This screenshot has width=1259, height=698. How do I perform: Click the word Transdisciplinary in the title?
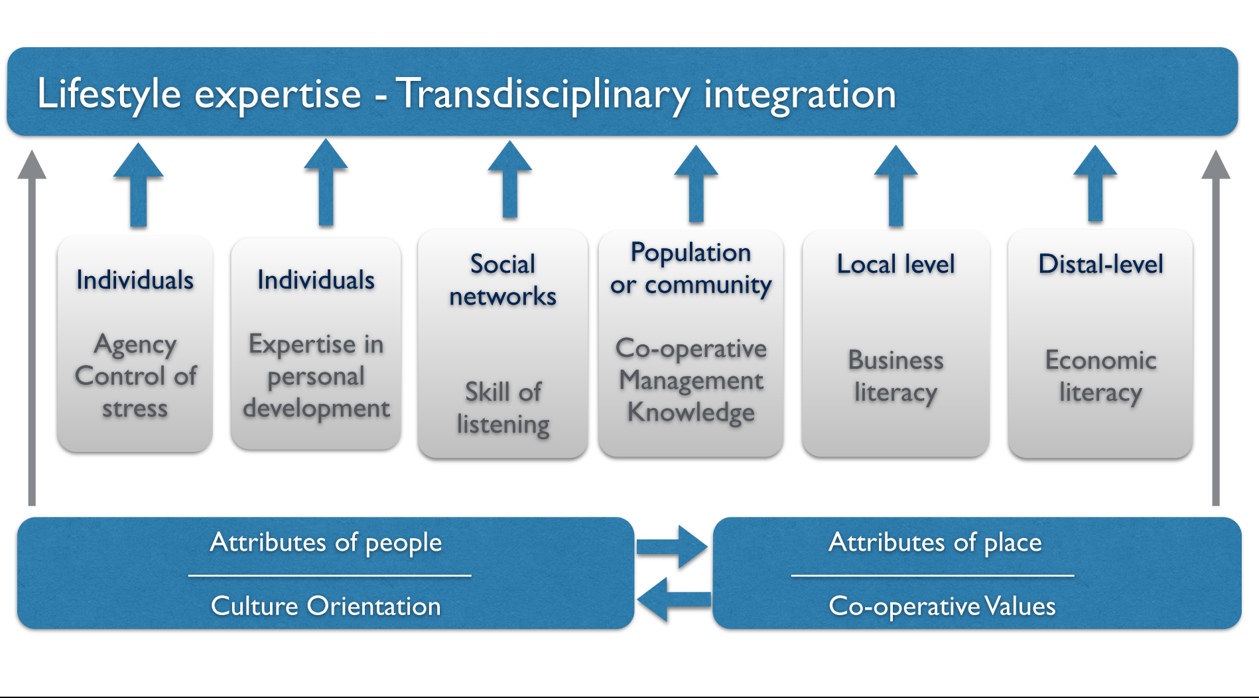point(544,95)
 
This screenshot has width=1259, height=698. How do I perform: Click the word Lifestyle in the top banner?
point(109,95)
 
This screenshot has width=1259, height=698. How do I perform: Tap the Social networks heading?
point(503,280)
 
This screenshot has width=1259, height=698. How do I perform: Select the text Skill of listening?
point(503,408)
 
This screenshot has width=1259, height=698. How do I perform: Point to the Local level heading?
point(895,264)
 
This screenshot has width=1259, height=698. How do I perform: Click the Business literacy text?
point(895,376)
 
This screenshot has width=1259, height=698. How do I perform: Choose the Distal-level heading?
point(1100,264)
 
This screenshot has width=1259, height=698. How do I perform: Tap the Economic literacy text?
point(1100,376)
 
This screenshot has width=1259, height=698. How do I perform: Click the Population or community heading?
point(691,269)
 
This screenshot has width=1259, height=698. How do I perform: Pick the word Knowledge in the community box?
point(691,413)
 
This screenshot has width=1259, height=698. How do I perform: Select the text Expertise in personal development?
point(316,376)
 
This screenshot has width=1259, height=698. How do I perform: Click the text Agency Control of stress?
point(135,376)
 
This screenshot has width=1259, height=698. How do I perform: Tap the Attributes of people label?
point(326,543)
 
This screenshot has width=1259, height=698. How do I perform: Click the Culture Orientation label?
point(326,606)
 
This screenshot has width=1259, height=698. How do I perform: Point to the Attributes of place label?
point(935,543)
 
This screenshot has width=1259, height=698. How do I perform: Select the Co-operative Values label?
point(942,606)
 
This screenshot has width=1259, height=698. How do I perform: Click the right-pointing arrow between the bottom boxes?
point(672,547)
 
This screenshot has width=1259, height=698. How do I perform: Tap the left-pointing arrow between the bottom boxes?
point(673,599)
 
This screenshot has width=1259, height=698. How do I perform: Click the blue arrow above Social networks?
point(509,179)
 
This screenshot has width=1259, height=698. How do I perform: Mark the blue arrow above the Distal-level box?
point(1095,183)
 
